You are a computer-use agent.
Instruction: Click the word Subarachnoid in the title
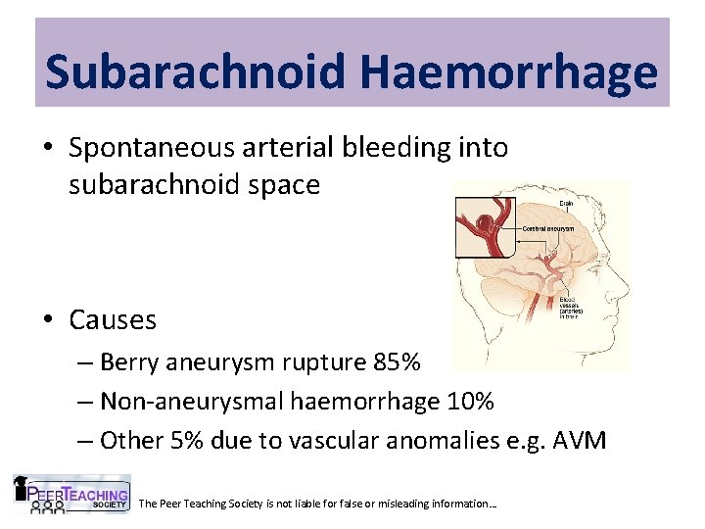(x=195, y=72)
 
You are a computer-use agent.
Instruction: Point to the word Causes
(x=113, y=319)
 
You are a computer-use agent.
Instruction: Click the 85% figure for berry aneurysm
(x=397, y=362)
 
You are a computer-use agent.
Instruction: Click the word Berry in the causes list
(x=131, y=362)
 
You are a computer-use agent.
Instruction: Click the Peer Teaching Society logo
(x=70, y=495)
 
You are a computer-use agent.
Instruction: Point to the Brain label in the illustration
(x=566, y=204)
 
